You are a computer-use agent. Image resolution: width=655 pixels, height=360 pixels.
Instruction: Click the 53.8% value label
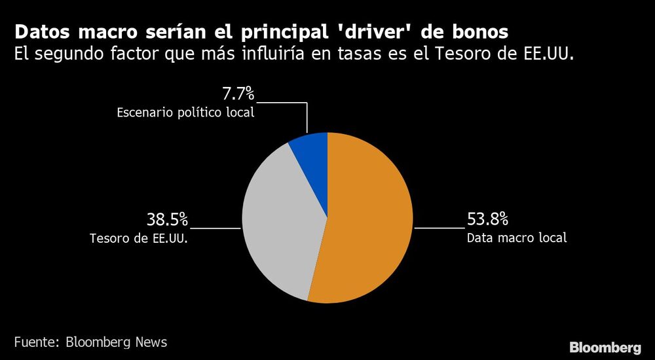[487, 219]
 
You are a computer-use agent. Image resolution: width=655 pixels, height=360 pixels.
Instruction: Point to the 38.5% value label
[166, 219]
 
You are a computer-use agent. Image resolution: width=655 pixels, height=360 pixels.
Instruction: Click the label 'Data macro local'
[516, 238]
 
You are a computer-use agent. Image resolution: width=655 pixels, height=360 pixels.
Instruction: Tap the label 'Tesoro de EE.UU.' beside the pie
[139, 238]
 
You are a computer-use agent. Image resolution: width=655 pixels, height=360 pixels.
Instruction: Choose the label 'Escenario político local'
[185, 112]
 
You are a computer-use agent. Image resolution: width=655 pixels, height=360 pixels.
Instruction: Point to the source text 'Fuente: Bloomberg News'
[90, 342]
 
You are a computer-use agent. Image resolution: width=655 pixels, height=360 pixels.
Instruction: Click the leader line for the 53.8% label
[439, 228]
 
